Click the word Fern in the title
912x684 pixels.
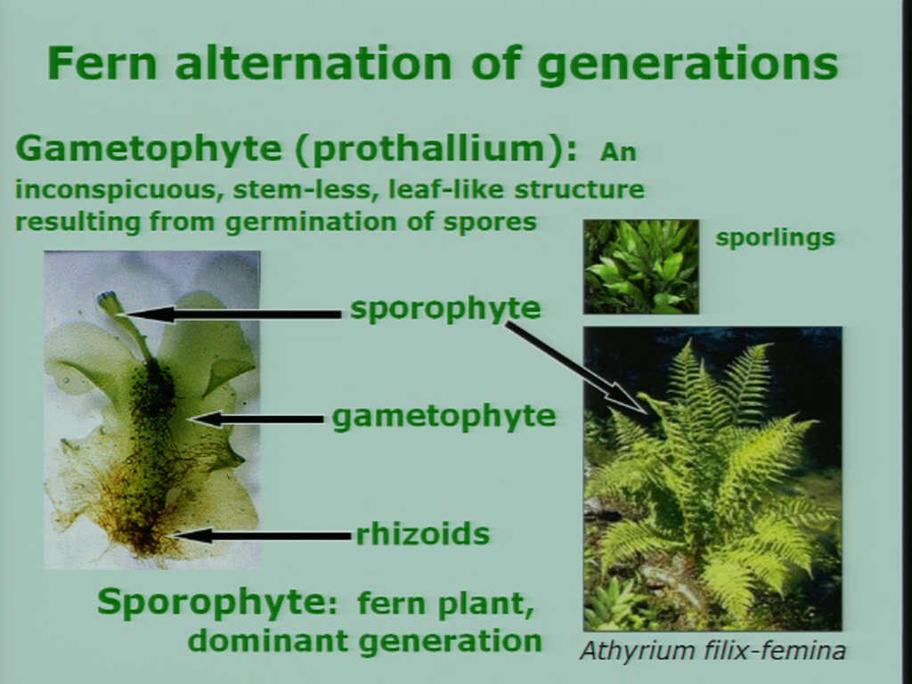(x=103, y=63)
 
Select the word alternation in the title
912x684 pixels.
(x=313, y=63)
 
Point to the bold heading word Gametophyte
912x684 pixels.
(x=149, y=150)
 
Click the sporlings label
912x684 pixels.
(x=775, y=238)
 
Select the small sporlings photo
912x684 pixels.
(x=641, y=266)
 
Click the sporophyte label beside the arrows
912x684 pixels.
(x=445, y=309)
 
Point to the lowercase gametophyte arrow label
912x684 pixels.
(x=444, y=417)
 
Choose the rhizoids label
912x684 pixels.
(x=423, y=534)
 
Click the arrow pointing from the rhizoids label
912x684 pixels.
(x=261, y=535)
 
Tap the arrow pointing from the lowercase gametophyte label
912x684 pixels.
(x=256, y=419)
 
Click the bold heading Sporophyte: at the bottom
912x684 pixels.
(x=217, y=602)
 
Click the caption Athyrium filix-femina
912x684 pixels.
(x=712, y=651)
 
